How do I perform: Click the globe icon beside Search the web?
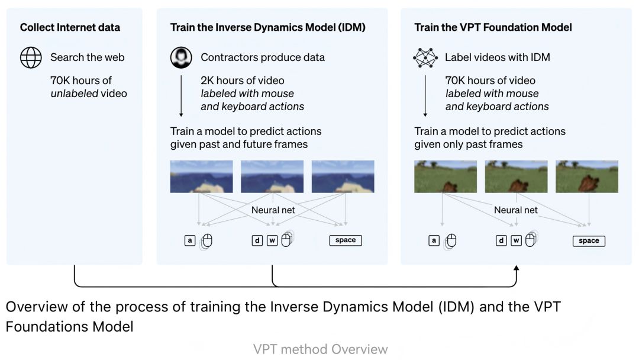point(31,57)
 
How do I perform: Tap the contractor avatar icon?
point(181,57)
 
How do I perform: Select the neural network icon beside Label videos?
point(425,57)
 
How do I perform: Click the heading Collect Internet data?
point(70,27)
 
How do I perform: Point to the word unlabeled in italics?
point(75,94)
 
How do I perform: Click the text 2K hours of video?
point(243,81)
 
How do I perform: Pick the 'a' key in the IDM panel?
point(190,240)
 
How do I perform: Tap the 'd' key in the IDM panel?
point(257,240)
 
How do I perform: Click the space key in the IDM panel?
point(346,240)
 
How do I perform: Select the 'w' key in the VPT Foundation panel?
point(517,240)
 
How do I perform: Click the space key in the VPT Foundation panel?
point(589,241)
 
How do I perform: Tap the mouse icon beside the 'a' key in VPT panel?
point(451,241)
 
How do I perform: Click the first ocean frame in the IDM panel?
point(202,176)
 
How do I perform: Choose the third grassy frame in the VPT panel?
point(587,176)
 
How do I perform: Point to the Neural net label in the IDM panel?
point(273,210)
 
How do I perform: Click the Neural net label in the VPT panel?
point(516,210)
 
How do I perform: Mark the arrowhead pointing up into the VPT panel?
point(517,268)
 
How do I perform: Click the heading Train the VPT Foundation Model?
point(493,27)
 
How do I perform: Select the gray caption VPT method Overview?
point(320,349)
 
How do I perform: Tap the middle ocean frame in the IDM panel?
point(272,176)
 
